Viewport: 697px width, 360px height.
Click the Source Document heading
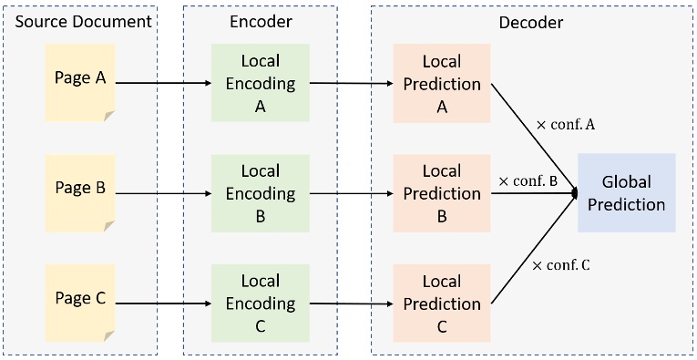(x=80, y=21)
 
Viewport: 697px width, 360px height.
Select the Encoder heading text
(x=260, y=21)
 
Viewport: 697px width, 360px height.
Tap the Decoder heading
(x=531, y=21)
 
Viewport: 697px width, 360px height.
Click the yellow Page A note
(x=80, y=81)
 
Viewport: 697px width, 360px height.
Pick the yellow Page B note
(x=80, y=190)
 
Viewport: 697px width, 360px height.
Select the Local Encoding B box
(x=260, y=193)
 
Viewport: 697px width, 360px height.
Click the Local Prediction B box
(x=442, y=193)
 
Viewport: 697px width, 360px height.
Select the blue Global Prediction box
(x=627, y=193)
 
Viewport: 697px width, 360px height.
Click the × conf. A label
(x=566, y=125)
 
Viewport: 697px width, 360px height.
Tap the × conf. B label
(x=528, y=180)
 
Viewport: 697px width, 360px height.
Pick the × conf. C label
(x=561, y=265)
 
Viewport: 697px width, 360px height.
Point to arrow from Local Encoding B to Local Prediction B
(x=351, y=193)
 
